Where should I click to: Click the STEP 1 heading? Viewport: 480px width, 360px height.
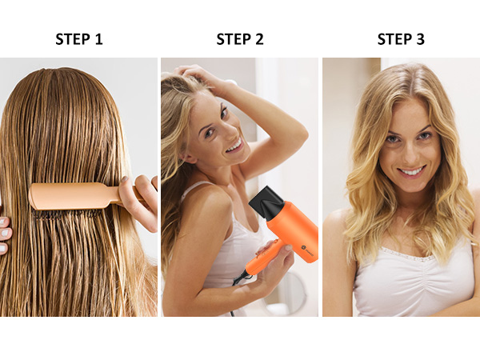(78, 39)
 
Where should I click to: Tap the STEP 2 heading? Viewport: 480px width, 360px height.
(239, 39)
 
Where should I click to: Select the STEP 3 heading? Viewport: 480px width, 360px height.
(401, 39)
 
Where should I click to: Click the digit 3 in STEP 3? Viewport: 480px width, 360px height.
(420, 39)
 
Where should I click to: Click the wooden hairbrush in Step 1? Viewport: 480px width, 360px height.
(76, 195)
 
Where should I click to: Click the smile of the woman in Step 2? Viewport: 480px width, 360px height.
(233, 146)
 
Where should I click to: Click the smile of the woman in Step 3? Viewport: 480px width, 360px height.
(411, 170)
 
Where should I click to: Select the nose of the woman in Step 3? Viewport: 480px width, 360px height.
(409, 152)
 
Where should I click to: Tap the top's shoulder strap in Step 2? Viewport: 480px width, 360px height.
(190, 192)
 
